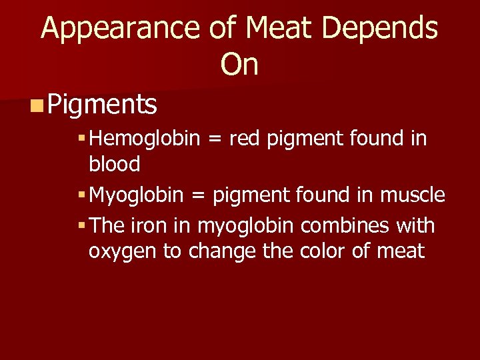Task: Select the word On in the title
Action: (x=239, y=65)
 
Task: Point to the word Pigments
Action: (x=103, y=104)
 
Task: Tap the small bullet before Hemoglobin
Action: (x=81, y=139)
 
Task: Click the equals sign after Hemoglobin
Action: (x=216, y=140)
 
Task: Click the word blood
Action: (x=114, y=164)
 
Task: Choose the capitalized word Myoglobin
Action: (x=137, y=195)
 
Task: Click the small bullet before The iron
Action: (x=81, y=227)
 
